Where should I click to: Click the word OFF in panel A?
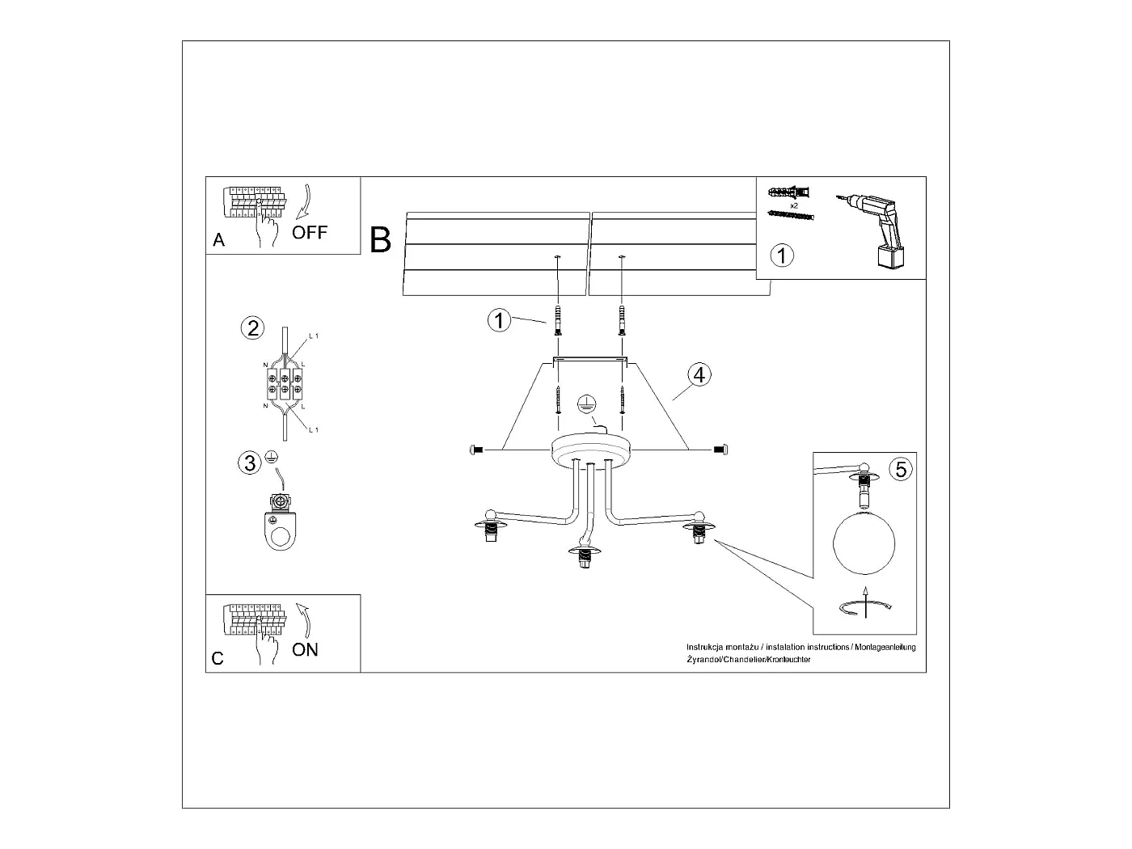pyautogui.click(x=310, y=233)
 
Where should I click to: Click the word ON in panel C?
pyautogui.click(x=305, y=649)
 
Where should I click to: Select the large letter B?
pyautogui.click(x=381, y=240)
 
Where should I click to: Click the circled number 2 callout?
pyautogui.click(x=253, y=327)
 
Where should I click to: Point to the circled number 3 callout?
pyautogui.click(x=250, y=463)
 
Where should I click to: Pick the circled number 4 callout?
pyautogui.click(x=699, y=374)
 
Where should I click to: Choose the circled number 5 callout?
pyautogui.click(x=901, y=468)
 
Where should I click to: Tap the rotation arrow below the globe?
pyautogui.click(x=865, y=606)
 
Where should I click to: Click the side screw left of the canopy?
pyautogui.click(x=475, y=449)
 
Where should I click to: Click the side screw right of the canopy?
pyautogui.click(x=720, y=449)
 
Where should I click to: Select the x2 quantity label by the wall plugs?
pyautogui.click(x=794, y=206)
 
